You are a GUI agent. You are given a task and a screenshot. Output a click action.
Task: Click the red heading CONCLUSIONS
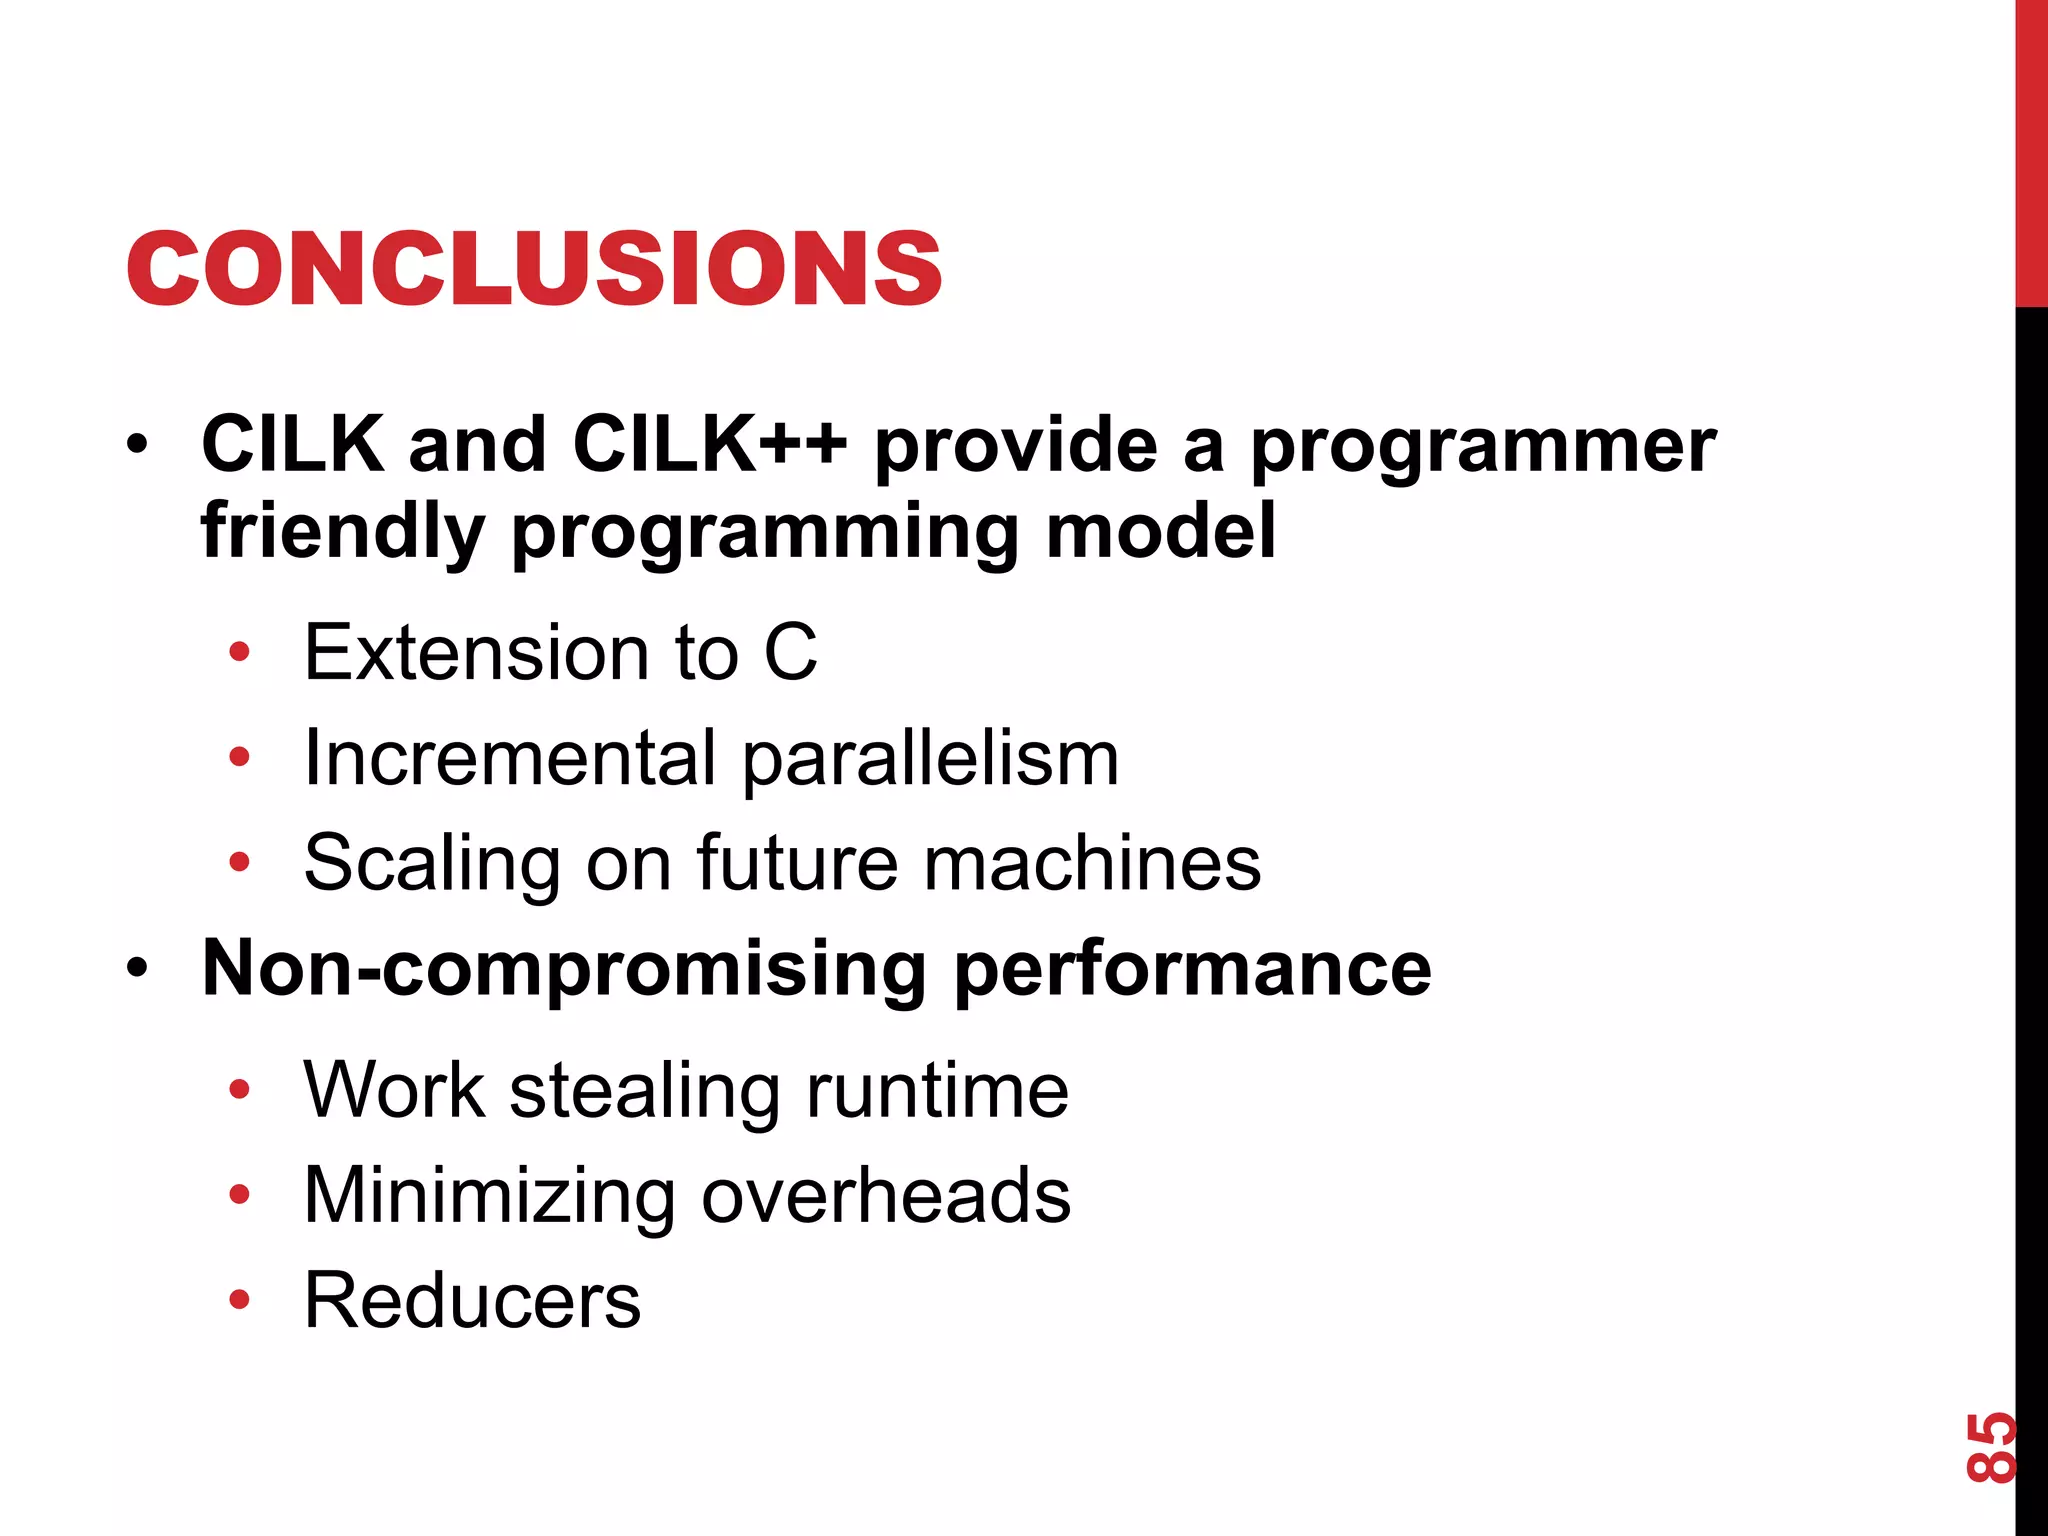point(534,268)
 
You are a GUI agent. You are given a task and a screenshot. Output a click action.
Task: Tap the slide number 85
point(1990,1446)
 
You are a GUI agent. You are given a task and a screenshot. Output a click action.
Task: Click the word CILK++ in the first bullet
point(710,444)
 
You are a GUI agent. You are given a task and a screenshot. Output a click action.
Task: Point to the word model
point(1160,531)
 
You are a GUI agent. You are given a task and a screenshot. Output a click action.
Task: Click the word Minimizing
point(490,1196)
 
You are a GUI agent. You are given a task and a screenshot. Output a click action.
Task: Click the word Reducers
point(472,1300)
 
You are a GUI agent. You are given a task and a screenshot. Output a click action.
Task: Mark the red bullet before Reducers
point(238,1300)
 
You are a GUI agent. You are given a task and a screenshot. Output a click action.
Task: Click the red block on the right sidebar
point(2030,150)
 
